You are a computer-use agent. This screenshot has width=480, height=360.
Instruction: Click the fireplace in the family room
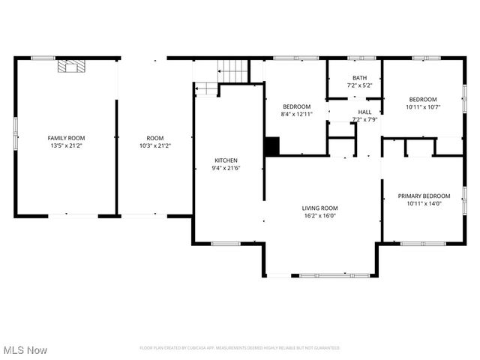click(70, 67)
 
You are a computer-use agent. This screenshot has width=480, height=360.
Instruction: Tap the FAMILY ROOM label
click(66, 138)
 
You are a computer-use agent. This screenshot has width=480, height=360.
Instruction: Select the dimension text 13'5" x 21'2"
click(66, 146)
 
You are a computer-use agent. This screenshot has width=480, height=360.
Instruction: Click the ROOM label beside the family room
click(154, 138)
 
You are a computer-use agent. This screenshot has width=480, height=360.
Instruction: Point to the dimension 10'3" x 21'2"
click(154, 146)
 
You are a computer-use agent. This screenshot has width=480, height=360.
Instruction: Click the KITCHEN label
click(226, 160)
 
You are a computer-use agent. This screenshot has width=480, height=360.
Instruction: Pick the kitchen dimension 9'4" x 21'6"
click(226, 169)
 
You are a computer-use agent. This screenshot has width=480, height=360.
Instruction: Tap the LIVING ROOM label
click(320, 208)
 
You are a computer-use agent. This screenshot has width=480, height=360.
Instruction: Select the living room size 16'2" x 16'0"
click(320, 217)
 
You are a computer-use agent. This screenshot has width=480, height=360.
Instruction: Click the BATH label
click(360, 78)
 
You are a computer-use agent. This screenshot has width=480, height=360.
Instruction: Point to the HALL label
click(364, 112)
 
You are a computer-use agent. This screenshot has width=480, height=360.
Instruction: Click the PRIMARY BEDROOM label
click(424, 196)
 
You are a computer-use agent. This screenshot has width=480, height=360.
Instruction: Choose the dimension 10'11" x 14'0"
click(424, 204)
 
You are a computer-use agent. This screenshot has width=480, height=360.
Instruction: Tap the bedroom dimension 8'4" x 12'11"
click(296, 115)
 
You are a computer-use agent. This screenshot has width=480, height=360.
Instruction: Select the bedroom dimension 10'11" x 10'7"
click(423, 107)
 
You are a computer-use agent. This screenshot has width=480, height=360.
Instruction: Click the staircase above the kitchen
click(233, 72)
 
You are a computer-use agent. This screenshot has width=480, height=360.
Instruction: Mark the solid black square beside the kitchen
click(271, 145)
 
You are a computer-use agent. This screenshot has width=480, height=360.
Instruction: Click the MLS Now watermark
click(25, 350)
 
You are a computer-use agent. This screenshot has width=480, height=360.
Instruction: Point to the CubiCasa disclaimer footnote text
click(240, 348)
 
